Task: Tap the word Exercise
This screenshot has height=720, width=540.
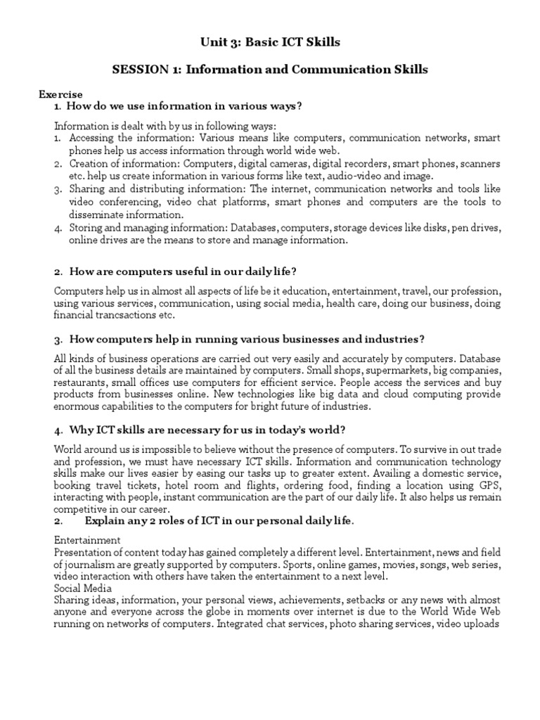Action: pos(60,94)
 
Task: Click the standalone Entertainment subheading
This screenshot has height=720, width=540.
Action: pos(86,540)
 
